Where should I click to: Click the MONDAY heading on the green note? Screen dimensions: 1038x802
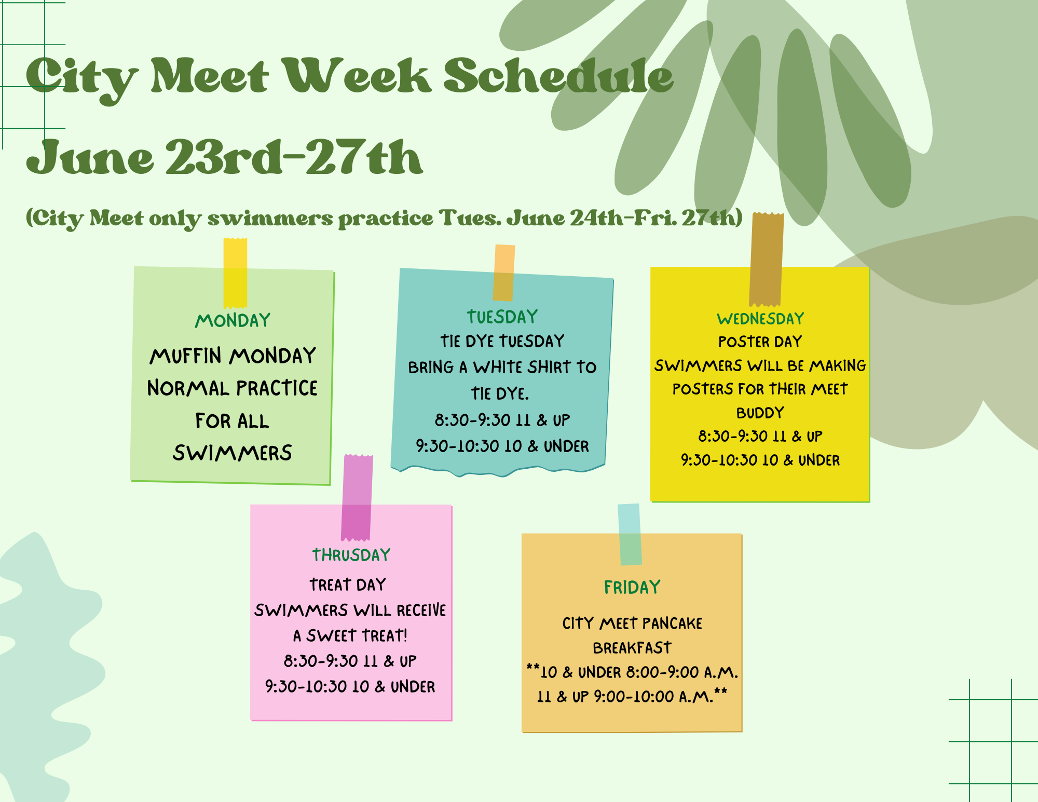(x=233, y=320)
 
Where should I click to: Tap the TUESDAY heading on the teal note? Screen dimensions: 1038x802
(x=502, y=317)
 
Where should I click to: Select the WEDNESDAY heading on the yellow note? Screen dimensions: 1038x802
(x=760, y=318)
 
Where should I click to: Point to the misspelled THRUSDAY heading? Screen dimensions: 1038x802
(x=351, y=555)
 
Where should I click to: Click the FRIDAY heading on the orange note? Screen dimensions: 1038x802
(x=632, y=587)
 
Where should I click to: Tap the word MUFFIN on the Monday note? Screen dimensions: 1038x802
(x=186, y=356)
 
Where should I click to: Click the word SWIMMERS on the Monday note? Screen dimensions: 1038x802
(x=233, y=453)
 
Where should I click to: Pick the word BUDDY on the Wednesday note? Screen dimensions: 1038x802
(x=760, y=413)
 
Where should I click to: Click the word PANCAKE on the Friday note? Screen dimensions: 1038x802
(x=672, y=623)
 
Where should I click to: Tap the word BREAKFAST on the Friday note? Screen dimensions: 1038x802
(x=632, y=648)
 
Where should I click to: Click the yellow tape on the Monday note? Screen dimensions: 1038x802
(x=235, y=273)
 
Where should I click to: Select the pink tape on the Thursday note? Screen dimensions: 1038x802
(x=357, y=497)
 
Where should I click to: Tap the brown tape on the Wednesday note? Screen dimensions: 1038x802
(x=767, y=259)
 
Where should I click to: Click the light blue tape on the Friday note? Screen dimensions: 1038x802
(x=630, y=534)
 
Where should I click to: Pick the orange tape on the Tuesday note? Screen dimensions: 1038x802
(x=504, y=273)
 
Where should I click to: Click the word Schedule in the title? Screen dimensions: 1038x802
(x=558, y=76)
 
